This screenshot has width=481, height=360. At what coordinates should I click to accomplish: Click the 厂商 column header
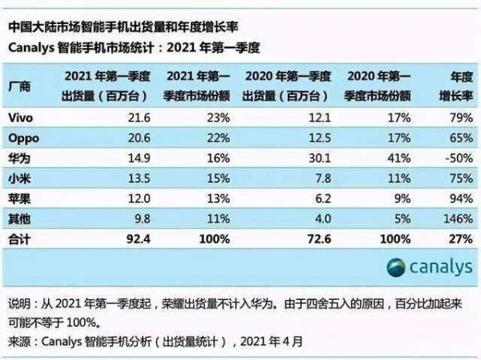tap(19, 86)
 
